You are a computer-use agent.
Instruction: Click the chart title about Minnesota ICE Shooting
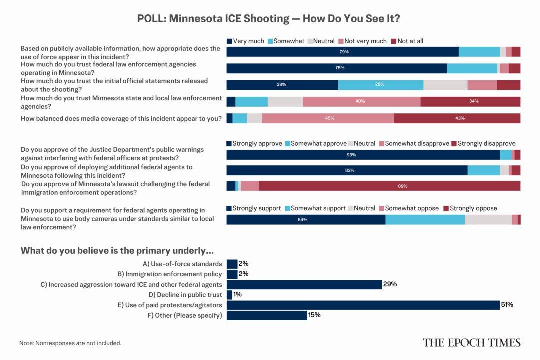pos(269,19)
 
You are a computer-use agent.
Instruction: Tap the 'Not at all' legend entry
pos(407,41)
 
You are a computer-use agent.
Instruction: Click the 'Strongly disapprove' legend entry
pos(483,143)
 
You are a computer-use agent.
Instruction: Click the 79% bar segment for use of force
pos(343,52)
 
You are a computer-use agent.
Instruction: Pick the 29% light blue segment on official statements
pos(380,85)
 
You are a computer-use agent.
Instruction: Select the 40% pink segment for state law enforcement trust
pos(361,101)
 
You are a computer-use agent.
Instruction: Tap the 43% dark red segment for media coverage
pos(457,118)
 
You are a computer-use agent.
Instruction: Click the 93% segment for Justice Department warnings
pos(363,155)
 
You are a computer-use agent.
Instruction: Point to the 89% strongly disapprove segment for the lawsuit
pos(389,186)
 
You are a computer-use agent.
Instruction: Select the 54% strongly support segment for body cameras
pos(306,219)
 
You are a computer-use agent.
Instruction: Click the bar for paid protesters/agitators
pos(363,305)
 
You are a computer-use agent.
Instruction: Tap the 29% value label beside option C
pos(390,284)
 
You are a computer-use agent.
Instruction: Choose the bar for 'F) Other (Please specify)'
pos(267,315)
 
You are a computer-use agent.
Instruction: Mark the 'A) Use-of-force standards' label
pos(182,264)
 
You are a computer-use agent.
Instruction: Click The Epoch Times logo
pos(471,342)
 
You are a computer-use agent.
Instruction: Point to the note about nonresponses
pos(70,343)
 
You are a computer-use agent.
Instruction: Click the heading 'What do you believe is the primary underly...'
pos(117,250)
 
